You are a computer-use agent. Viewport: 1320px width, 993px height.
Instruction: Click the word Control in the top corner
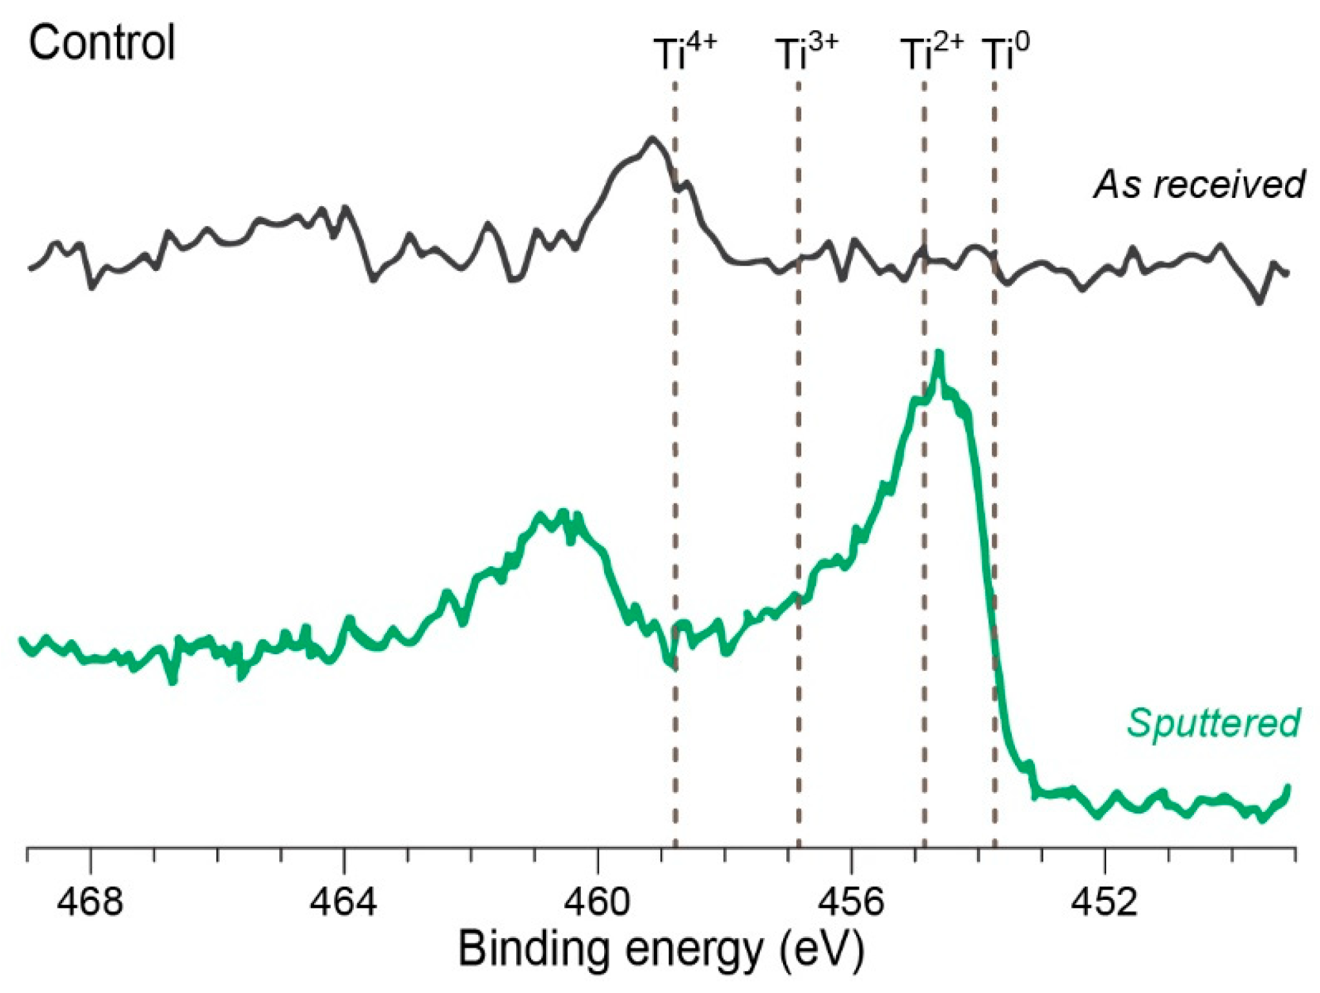(x=102, y=43)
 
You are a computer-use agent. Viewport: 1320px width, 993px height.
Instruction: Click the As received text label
(x=1199, y=184)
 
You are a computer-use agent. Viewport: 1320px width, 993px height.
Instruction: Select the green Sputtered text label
(x=1213, y=722)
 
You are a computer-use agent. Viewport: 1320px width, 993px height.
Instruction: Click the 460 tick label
(x=597, y=901)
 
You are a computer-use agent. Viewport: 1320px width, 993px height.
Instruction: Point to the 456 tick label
(x=851, y=901)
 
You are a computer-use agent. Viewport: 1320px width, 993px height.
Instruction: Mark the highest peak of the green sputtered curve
(x=939, y=354)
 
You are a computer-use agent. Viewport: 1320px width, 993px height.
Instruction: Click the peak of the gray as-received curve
(x=653, y=138)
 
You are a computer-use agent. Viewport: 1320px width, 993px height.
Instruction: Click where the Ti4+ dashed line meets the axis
(x=675, y=846)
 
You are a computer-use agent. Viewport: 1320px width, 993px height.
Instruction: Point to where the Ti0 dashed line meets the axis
(x=994, y=846)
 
